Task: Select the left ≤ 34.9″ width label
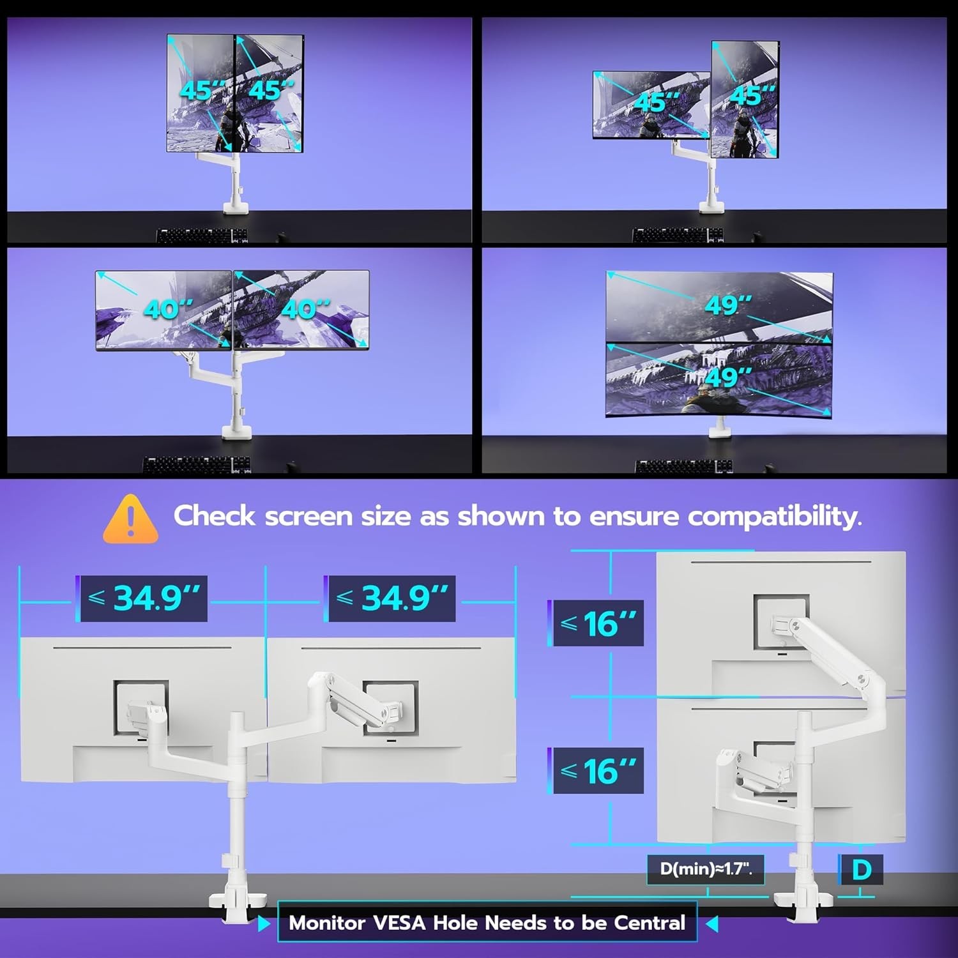144,598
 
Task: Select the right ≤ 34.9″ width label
392,598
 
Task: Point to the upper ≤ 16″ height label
598,623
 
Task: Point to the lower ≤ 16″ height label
598,771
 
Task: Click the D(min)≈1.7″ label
706,869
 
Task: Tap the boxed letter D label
861,870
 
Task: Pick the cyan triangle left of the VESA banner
264,924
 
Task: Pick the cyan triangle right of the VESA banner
711,924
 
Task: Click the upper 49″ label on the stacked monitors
728,305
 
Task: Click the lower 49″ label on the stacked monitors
728,377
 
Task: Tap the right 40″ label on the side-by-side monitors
305,310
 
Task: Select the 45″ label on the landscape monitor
658,102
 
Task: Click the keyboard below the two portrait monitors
202,236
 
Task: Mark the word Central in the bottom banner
650,923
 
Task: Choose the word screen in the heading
308,517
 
